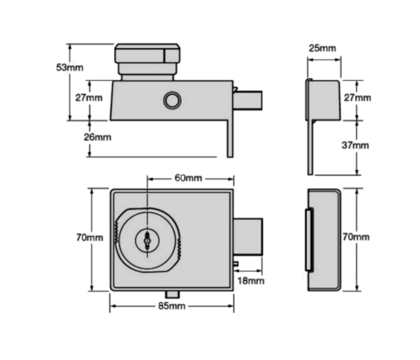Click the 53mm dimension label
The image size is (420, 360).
pos(69,67)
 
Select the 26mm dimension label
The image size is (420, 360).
pos(97,137)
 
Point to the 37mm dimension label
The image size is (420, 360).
pos(355,145)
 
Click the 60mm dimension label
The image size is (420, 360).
pos(188,178)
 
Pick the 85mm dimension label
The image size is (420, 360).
pos(172,306)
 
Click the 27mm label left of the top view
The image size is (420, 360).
pos(88,98)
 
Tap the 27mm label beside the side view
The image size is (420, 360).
pos(357,98)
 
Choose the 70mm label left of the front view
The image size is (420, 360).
pos(89,238)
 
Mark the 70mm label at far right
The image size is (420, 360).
pos(355,237)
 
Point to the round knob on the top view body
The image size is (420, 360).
pos(172,100)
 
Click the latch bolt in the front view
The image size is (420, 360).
pos(248,236)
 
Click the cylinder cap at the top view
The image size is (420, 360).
pos(147,54)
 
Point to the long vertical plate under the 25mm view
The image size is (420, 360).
pos(310,147)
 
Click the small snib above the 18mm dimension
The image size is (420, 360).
pos(236,264)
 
